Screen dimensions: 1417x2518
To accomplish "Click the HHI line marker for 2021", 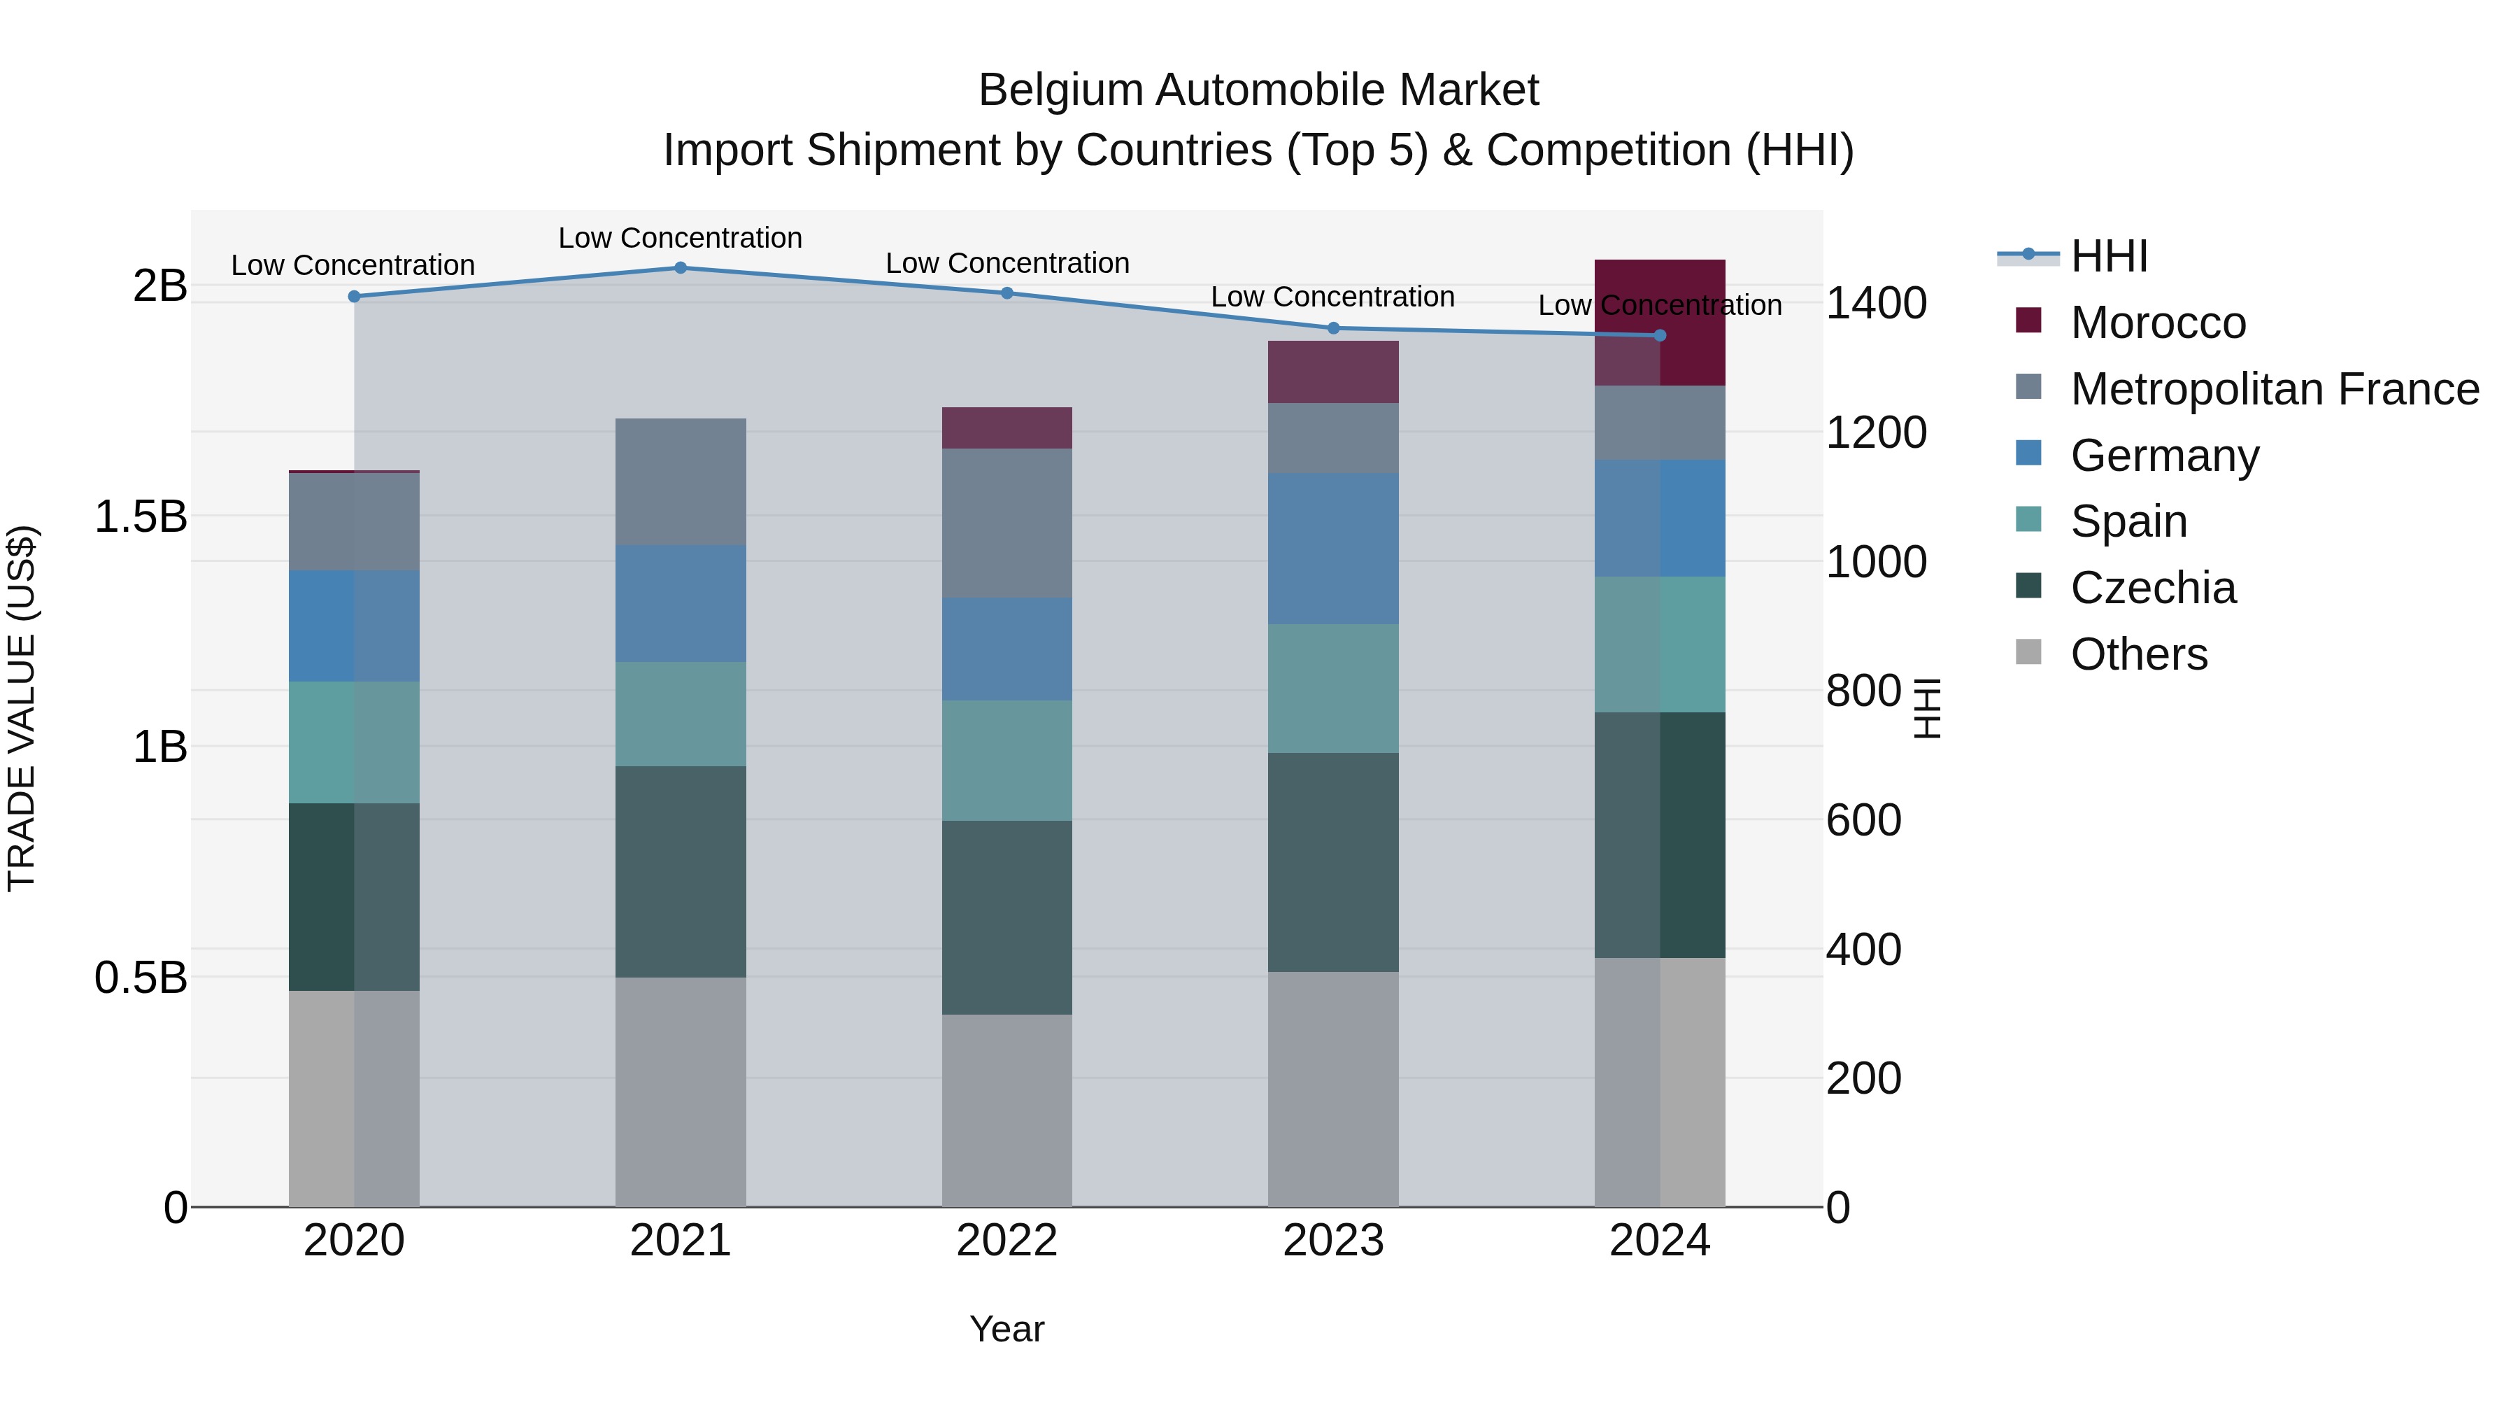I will pos(681,268).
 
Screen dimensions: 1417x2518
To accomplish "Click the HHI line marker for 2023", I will pos(1333,329).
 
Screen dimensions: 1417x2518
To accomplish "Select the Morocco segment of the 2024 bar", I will pos(1660,323).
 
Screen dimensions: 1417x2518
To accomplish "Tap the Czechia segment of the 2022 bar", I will pos(1007,917).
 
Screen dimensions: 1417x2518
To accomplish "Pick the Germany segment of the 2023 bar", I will pos(1333,549).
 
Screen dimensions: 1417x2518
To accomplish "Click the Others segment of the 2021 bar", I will pos(681,1092).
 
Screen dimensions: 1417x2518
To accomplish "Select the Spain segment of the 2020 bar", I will pos(354,742).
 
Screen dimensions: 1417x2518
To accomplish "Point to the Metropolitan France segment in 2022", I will pos(1007,523).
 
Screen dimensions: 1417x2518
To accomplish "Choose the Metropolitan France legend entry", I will pos(2274,389).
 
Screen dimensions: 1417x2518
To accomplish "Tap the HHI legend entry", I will pos(2108,256).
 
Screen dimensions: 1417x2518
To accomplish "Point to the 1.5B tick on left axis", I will pos(141,516).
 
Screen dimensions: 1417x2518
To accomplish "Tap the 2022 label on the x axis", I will pos(1007,1241).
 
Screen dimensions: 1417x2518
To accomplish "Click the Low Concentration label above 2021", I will pos(681,238).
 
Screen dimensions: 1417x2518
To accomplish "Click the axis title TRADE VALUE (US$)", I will pos(22,708).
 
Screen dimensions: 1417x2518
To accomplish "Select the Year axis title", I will pos(1007,1329).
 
